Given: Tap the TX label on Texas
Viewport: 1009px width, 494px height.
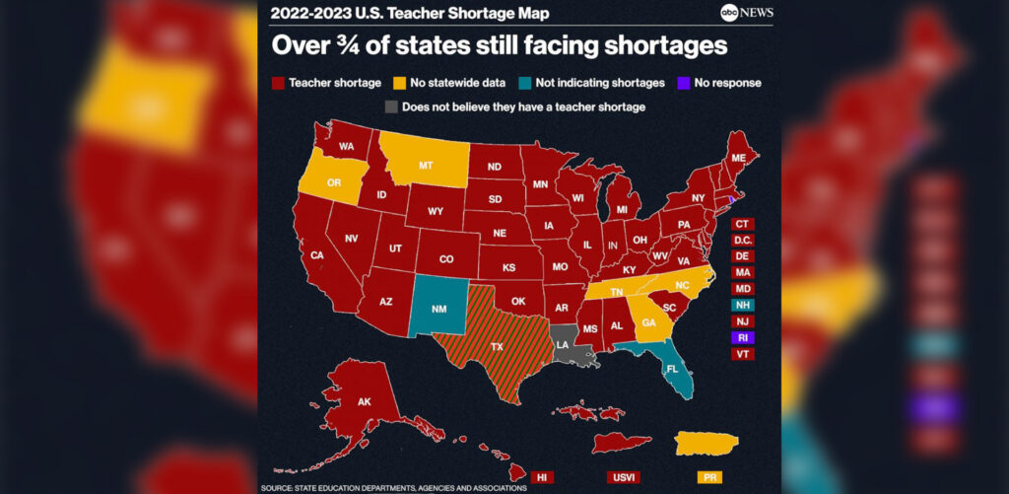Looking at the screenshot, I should [497, 346].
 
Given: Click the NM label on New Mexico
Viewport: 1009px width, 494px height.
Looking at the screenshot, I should [438, 310].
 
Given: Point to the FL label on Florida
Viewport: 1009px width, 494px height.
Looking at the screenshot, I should [671, 371].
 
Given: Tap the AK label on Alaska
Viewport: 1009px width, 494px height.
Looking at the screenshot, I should [363, 402].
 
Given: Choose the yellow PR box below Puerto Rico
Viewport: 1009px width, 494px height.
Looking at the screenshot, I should [708, 477].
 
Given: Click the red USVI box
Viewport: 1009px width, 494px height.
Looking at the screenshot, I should [623, 477].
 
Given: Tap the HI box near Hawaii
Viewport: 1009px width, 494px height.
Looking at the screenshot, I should [541, 477].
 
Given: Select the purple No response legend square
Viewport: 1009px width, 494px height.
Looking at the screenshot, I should [685, 83].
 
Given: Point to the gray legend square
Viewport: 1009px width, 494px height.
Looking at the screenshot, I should [391, 106].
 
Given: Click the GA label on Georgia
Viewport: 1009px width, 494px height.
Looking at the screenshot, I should [647, 321].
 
